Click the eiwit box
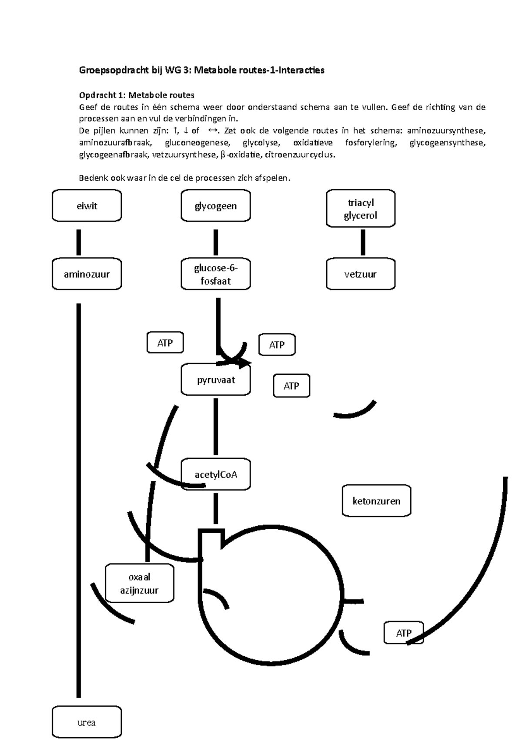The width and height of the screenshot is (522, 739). coord(87,205)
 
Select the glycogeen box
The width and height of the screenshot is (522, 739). coord(216,205)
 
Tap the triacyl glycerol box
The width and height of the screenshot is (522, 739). coord(361,208)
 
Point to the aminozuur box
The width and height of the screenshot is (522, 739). coord(87,274)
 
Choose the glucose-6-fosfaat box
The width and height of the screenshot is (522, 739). coord(216,274)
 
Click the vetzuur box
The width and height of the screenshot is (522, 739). coord(361,274)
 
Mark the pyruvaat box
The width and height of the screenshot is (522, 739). coord(216,380)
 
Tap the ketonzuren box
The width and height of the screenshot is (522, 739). coord(376,501)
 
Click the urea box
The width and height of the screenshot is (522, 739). coord(87,722)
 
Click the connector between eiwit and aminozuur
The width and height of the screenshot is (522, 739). coord(78,242)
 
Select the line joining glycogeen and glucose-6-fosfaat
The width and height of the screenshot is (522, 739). coord(216,242)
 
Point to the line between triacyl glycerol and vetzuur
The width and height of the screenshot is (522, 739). coord(363,242)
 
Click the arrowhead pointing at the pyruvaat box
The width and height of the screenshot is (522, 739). coord(244,363)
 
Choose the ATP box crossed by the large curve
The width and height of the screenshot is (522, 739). coord(404,633)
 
